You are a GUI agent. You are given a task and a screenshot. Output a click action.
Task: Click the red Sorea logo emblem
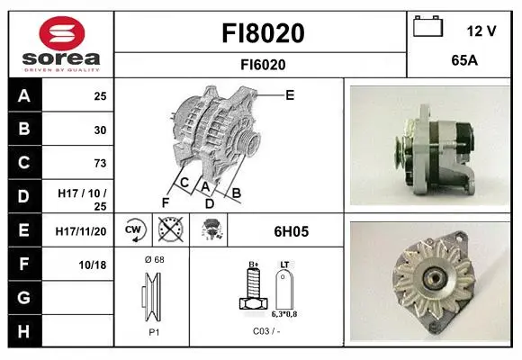[62, 33]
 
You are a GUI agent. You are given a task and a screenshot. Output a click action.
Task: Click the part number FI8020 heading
[263, 33]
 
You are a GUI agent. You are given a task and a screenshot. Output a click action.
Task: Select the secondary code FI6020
[263, 65]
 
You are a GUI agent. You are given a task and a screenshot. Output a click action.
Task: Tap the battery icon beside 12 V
[428, 26]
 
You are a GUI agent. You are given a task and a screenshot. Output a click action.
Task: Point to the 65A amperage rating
[464, 60]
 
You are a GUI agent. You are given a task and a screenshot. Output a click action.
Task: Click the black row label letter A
[24, 96]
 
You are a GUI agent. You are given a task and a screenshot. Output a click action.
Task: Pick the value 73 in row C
[100, 163]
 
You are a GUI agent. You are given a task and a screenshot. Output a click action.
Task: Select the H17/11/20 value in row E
[81, 231]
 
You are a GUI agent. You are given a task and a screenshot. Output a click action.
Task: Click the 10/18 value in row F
[93, 265]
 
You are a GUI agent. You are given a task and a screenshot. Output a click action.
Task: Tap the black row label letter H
[23, 331]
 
